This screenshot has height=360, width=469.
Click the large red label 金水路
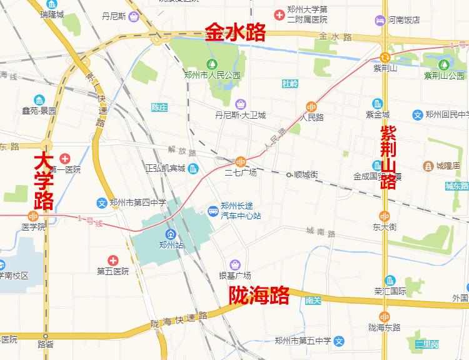236,32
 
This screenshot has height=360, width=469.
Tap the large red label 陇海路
258,294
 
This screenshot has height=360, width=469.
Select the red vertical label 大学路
44,181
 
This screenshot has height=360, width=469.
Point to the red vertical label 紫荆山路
388,157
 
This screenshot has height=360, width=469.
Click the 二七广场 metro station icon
241,161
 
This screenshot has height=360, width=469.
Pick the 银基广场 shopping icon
235,264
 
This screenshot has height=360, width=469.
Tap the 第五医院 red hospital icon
113,259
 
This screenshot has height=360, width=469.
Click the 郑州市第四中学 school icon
102,202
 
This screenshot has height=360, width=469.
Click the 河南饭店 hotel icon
380,20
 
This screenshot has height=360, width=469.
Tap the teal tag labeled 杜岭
290,83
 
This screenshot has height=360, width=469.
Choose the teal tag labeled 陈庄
159,107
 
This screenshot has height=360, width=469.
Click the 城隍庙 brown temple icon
428,166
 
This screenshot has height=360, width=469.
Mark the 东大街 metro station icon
385,216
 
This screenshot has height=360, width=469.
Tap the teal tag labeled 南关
313,301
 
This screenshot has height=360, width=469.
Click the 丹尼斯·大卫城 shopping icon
240,104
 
